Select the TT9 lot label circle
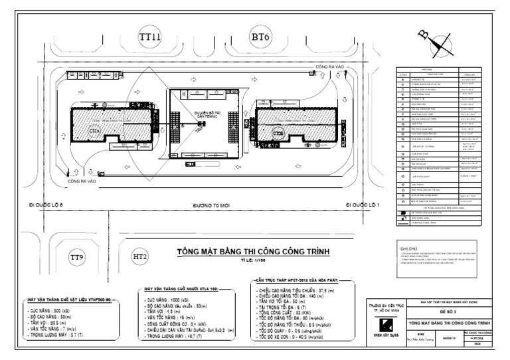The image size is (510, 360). [78, 256]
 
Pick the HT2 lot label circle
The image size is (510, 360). [140, 256]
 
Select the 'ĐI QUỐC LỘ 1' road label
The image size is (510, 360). [361, 206]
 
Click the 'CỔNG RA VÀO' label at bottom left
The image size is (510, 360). [82, 180]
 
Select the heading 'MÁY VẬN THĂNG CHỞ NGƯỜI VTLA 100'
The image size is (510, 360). [180, 290]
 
